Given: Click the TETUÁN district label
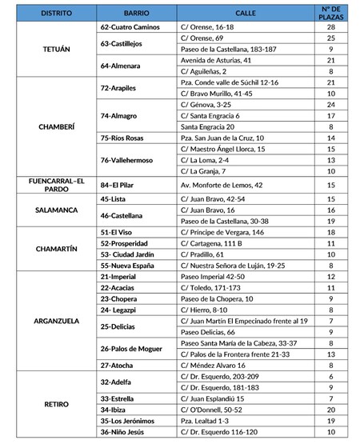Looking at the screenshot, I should pos(49,49).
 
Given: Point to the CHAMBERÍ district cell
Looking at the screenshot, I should pos(49,126).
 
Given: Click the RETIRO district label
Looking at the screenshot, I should pos(49,404).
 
